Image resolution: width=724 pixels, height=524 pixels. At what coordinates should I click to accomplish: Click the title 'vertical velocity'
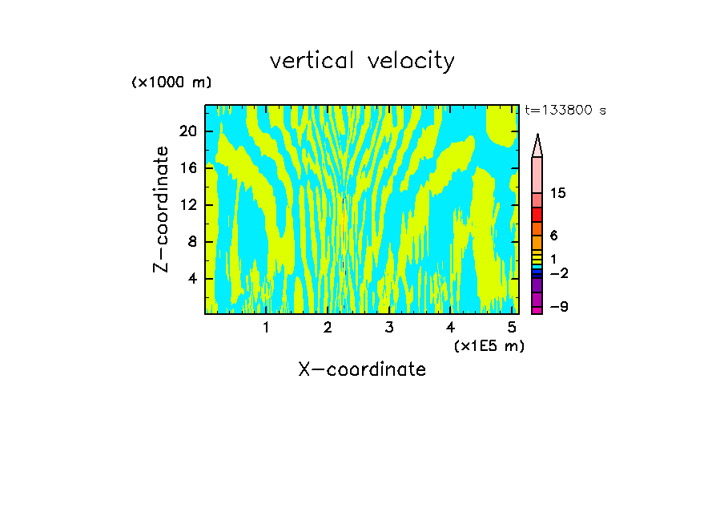[362, 61]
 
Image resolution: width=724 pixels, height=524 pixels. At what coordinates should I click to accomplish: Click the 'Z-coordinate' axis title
[161, 209]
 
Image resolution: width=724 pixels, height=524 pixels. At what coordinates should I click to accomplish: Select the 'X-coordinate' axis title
[362, 369]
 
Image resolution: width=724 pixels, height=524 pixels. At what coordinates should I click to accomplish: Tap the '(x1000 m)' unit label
[171, 83]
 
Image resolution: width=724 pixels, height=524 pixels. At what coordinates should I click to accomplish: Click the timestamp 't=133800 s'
[565, 111]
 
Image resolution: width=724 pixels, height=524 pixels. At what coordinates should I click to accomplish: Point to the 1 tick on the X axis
[267, 327]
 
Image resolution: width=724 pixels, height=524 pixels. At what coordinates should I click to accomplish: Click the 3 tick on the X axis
[389, 327]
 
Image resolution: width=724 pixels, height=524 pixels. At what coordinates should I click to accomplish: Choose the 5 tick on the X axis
[512, 327]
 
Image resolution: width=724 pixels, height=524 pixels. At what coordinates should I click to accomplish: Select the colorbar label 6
[553, 236]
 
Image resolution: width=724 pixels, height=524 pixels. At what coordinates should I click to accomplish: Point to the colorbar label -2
[558, 273]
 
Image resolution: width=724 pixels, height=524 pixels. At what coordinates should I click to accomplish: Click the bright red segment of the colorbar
[537, 215]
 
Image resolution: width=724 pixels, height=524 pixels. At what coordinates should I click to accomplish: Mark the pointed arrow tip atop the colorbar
[537, 138]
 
